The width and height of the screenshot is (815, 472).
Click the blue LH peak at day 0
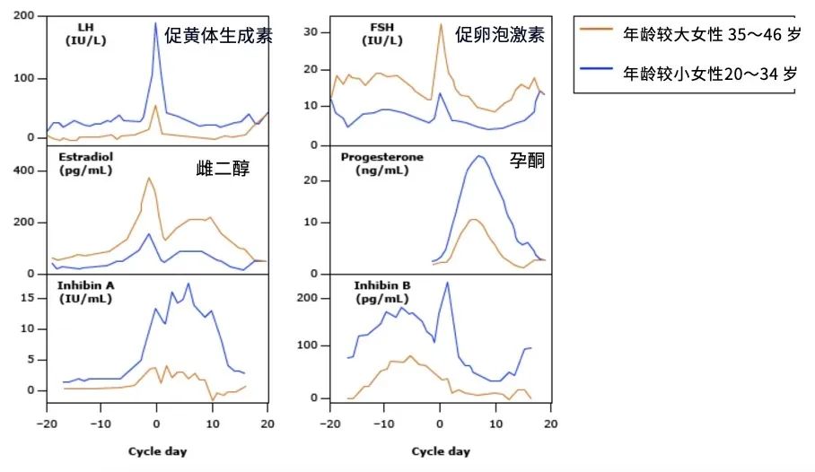click(155, 23)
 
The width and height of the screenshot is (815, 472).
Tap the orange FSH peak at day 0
click(441, 25)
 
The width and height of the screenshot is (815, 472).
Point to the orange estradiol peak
click(149, 178)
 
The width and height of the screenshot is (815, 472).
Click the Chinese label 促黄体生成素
click(218, 36)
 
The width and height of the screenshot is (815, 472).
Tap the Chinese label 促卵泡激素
click(500, 35)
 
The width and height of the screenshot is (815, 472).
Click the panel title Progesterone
click(381, 157)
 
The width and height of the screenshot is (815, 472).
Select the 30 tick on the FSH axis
click(311, 31)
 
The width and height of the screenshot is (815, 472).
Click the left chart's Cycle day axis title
click(156, 450)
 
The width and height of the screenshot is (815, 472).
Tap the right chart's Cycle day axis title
click(441, 450)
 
